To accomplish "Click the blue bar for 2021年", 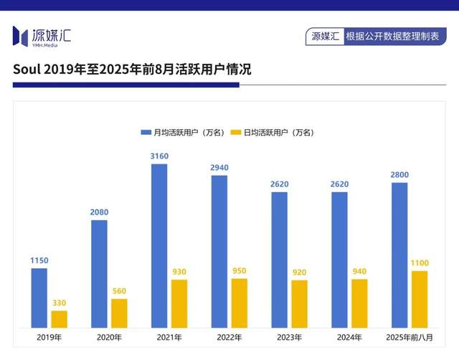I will point(159,246).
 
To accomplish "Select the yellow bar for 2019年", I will point(60,319).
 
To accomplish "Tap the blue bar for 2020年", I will point(99,274).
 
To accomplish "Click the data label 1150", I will point(39,260).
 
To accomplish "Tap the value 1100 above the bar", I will point(420,263).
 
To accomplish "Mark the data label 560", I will point(119,291).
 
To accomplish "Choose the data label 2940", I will point(219,168).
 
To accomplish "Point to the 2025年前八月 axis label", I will point(410,337).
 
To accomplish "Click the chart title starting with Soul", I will point(132,70).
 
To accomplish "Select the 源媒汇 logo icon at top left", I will point(20,35).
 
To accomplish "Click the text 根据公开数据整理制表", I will point(392,36).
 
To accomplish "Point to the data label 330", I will point(59,303).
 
